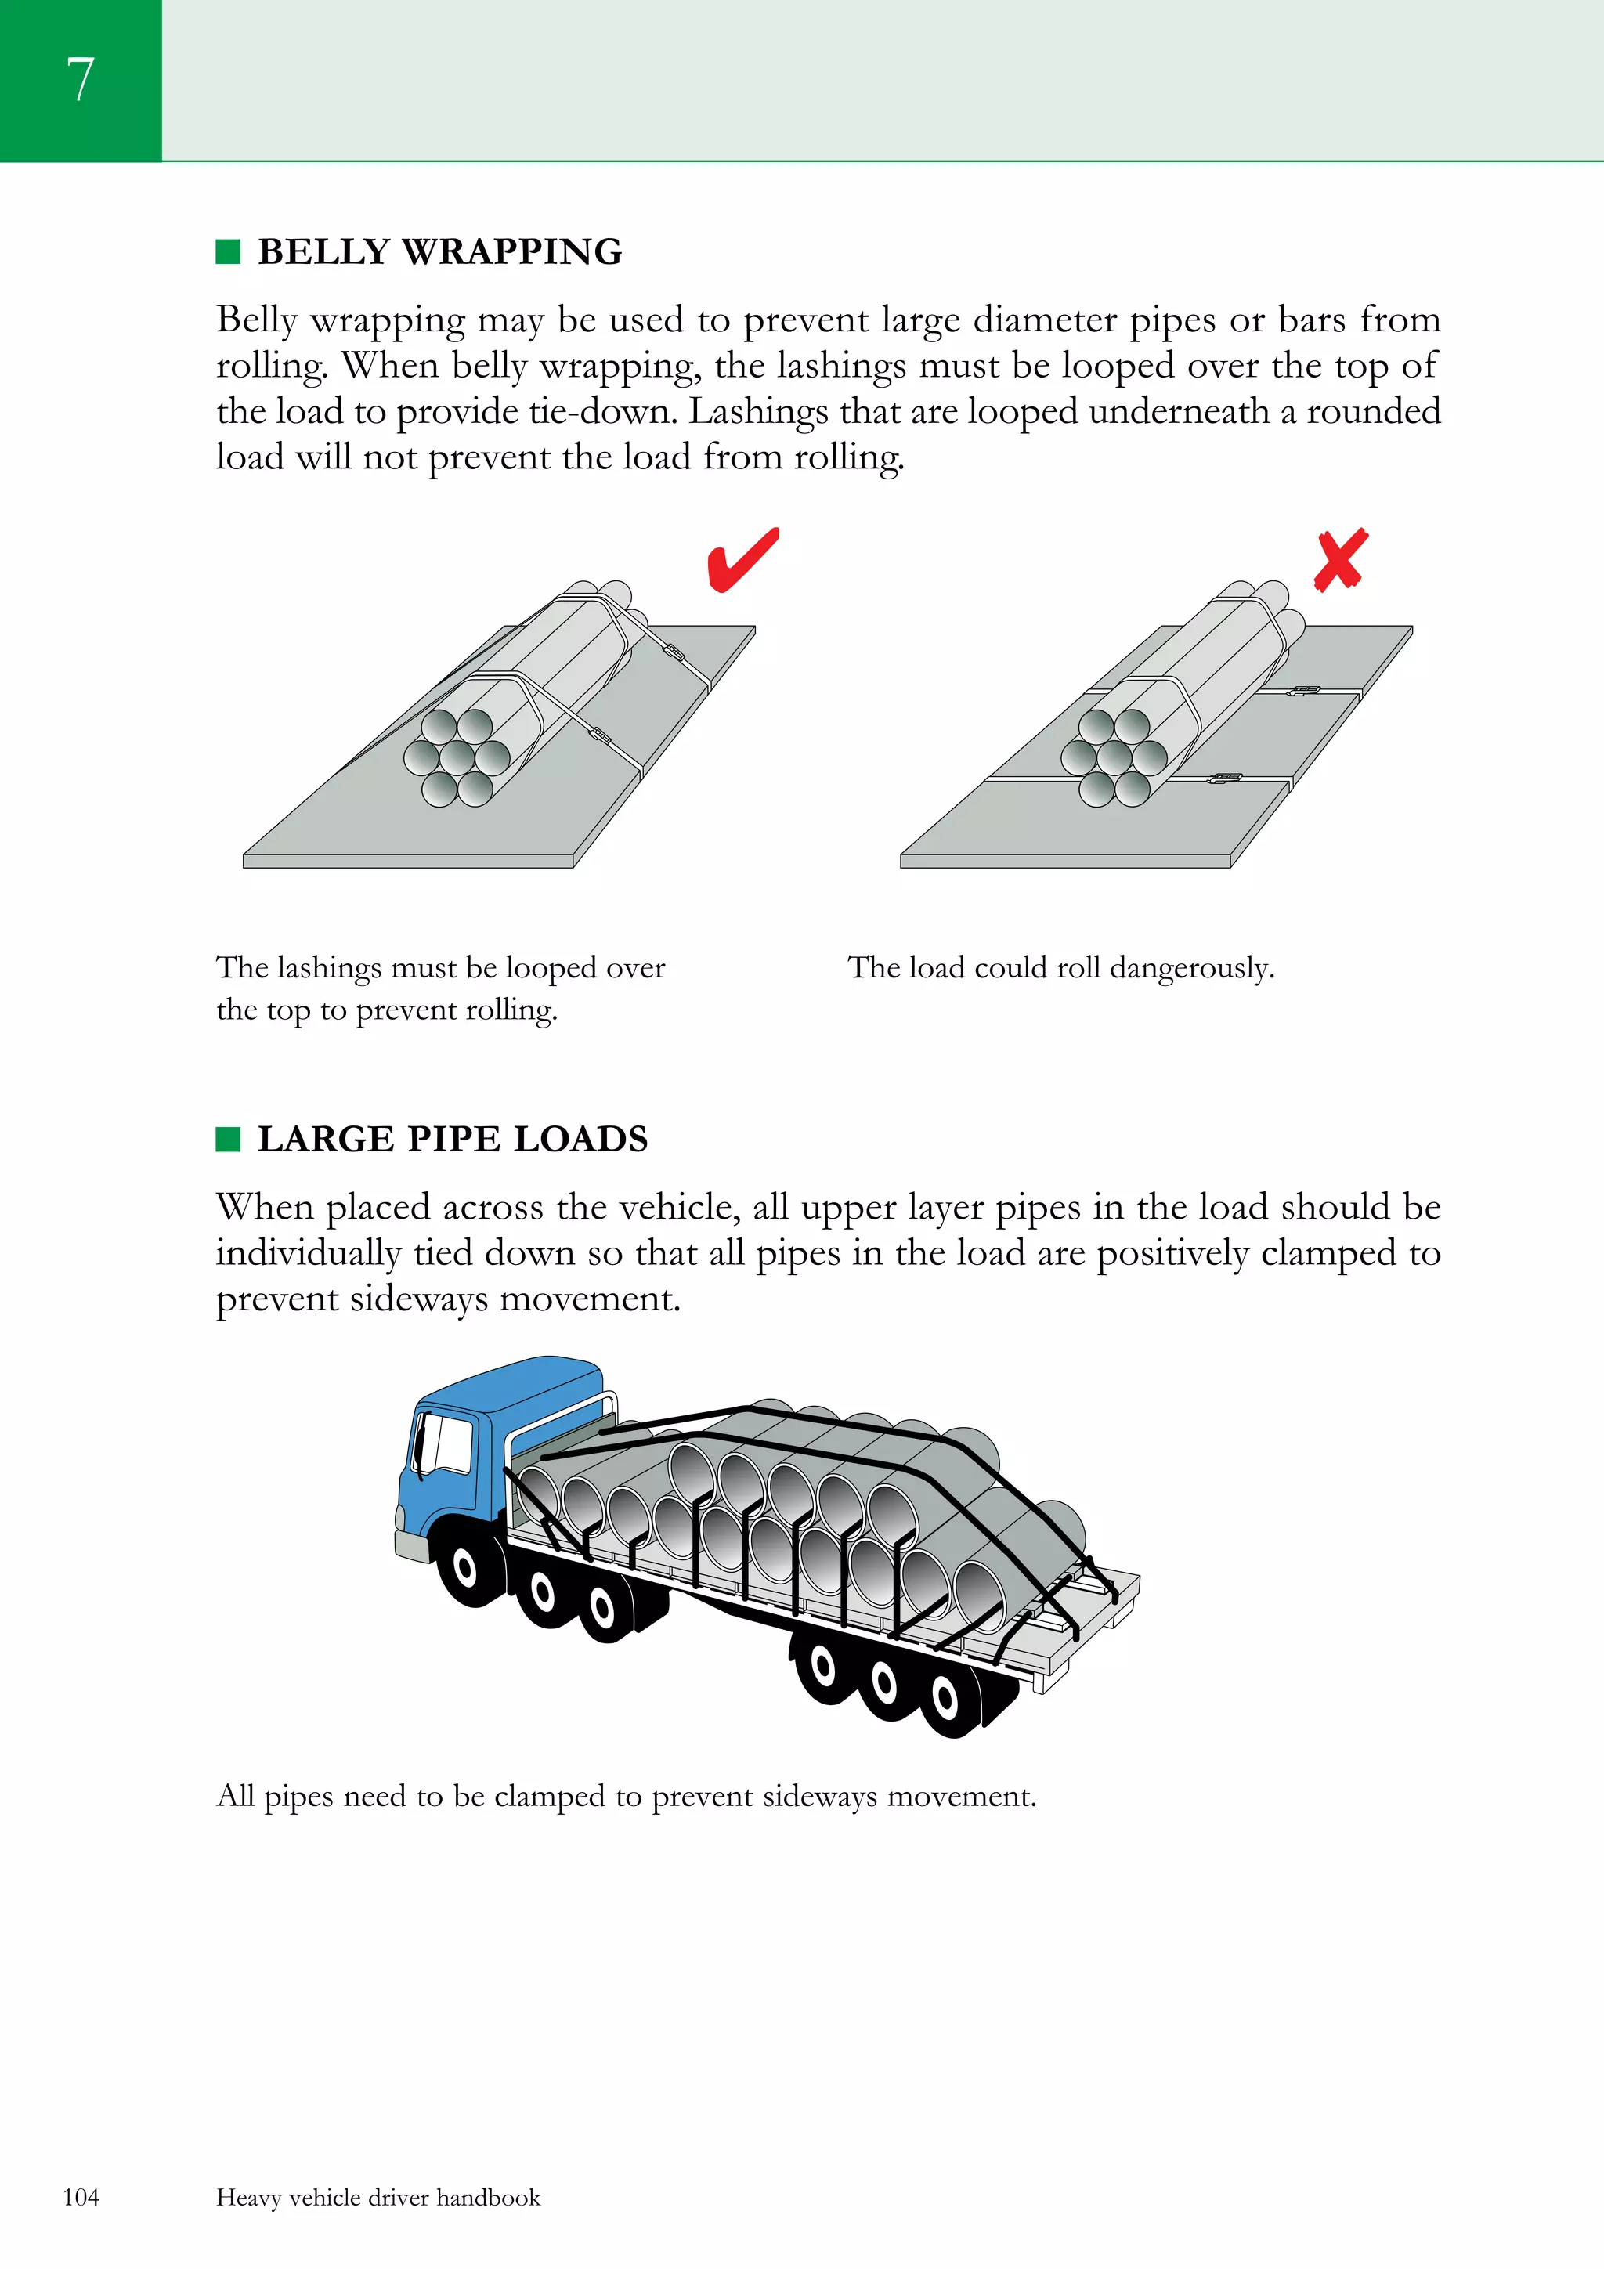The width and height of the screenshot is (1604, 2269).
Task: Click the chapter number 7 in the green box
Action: (x=80, y=80)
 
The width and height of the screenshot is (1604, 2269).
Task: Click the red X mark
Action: (x=1340, y=560)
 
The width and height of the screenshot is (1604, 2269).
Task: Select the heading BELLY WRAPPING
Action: (x=440, y=252)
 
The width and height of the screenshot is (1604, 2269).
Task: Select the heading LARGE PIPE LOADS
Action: (x=453, y=1140)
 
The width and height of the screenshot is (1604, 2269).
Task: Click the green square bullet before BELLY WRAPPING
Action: (x=228, y=252)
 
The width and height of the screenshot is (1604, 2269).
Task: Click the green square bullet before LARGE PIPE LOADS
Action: (x=228, y=1140)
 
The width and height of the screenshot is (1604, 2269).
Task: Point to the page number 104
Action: (x=81, y=2197)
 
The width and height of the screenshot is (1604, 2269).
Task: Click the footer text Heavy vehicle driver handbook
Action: (x=378, y=2197)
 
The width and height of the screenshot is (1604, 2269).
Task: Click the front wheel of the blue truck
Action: (x=463, y=1566)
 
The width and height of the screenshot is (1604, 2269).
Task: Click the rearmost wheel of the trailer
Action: (x=945, y=1699)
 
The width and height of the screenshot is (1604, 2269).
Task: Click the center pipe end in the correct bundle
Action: (x=457, y=759)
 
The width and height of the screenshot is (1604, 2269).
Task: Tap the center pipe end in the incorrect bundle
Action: (x=1114, y=759)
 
